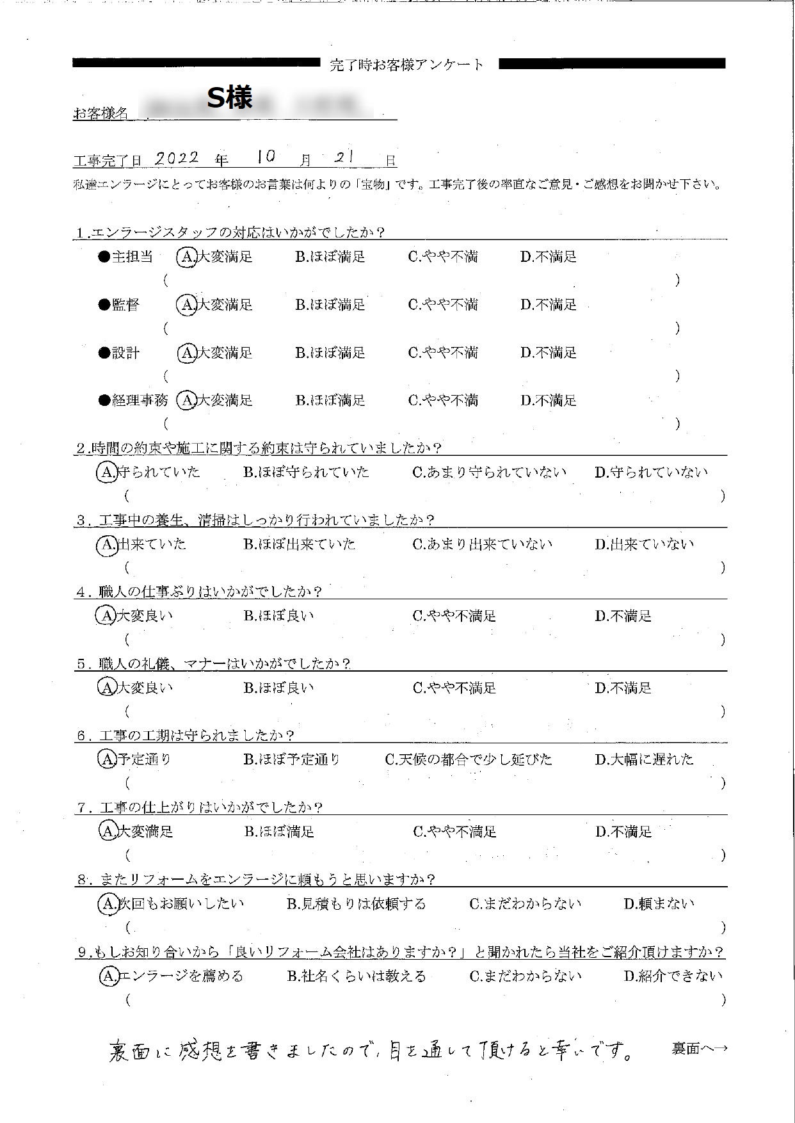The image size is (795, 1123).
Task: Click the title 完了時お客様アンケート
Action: [407, 65]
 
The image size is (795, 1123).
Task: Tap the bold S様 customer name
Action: [230, 97]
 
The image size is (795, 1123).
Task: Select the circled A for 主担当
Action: [186, 257]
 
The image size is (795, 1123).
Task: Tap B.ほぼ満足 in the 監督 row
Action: [330, 305]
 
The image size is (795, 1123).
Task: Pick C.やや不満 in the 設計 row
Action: [442, 353]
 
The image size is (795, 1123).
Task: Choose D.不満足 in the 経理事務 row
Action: [548, 401]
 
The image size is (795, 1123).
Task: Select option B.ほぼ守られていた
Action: [306, 473]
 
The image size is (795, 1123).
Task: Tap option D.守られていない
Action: [650, 473]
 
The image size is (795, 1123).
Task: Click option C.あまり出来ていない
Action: [482, 544]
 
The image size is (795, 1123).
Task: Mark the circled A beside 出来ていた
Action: [106, 544]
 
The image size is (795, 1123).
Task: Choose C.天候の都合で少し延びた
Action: [468, 759]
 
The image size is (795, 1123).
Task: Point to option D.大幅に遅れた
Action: [643, 759]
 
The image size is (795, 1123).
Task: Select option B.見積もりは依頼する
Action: [356, 903]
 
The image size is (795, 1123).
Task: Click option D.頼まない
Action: [659, 903]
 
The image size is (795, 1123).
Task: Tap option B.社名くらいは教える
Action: [356, 976]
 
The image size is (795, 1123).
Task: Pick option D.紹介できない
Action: [672, 976]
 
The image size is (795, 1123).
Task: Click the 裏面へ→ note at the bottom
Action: [699, 1049]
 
